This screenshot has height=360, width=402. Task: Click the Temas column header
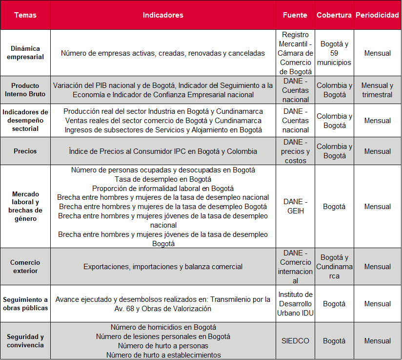pos(25,15)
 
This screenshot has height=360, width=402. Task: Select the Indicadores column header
pos(163,15)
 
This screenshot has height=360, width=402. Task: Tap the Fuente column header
pos(295,15)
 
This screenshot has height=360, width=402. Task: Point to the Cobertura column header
pos(334,15)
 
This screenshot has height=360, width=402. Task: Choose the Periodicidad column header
pos(377,15)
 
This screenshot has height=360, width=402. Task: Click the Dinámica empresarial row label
pos(25,53)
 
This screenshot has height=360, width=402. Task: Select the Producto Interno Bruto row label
pos(25,90)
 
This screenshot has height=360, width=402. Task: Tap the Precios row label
pos(25,151)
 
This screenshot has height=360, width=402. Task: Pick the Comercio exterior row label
pos(25,267)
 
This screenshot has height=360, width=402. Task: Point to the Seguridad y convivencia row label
pos(25,341)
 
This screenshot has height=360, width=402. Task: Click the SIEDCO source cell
pos(295,341)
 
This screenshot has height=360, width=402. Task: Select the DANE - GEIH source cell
pos(295,207)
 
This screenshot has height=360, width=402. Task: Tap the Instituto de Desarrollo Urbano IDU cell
pos(295,304)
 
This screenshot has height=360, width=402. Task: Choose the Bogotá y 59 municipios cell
pos(334,53)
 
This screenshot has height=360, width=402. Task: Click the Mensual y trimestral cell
pos(377,90)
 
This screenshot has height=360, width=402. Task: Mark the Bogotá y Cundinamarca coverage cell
pos(334,267)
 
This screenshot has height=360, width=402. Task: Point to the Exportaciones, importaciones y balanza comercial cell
pos(163,267)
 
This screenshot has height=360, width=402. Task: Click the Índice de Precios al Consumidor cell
pos(163,151)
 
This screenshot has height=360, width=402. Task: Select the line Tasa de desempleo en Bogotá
pos(163,179)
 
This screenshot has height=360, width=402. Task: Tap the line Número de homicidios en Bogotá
pos(163,327)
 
